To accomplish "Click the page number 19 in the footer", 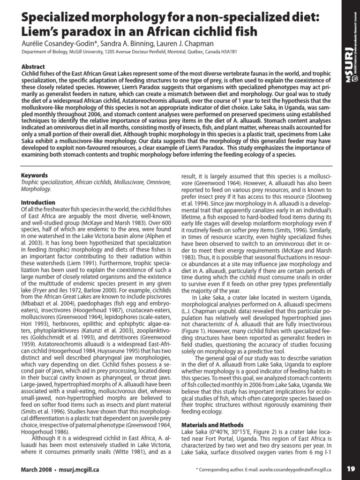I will point(351,468).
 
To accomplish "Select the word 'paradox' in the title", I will point(87,32).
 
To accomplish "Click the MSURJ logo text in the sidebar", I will point(349,66).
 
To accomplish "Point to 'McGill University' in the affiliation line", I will point(81,52).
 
